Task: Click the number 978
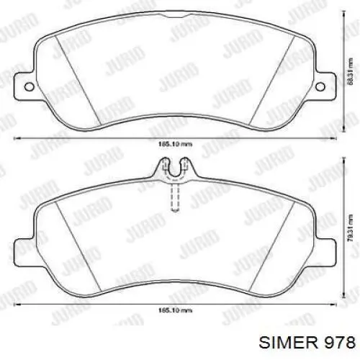click(x=339, y=340)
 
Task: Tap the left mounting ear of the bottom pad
click(x=23, y=253)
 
